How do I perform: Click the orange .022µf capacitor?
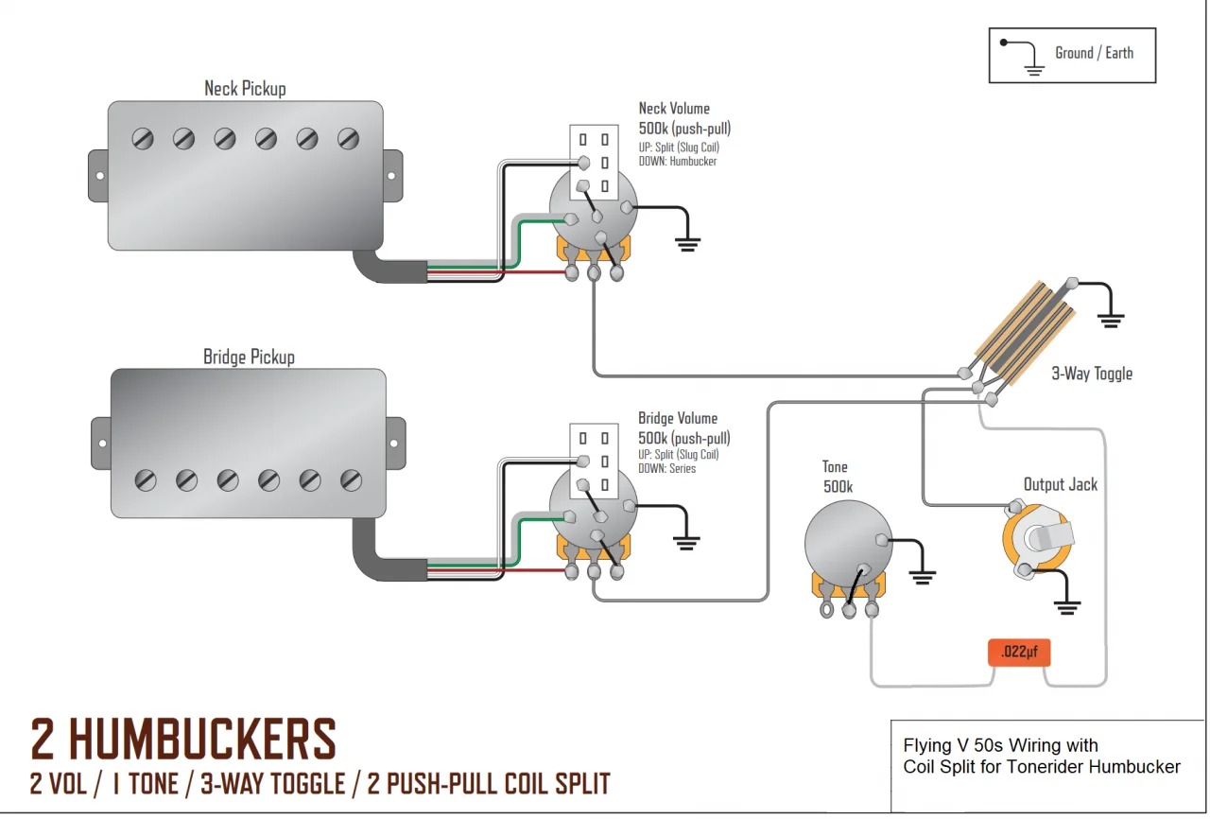pos(1019,652)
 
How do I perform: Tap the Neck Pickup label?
pos(245,89)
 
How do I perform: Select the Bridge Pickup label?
pos(249,357)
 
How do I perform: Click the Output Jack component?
pos(1038,542)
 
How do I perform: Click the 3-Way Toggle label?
pos(1092,374)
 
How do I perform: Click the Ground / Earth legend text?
pos(1094,53)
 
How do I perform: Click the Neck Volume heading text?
pos(674,109)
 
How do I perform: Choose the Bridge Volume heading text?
pos(678,418)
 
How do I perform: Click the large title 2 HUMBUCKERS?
pos(183,740)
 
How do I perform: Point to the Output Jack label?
pos(1061,484)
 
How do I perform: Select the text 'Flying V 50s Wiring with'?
pos(1000,745)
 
